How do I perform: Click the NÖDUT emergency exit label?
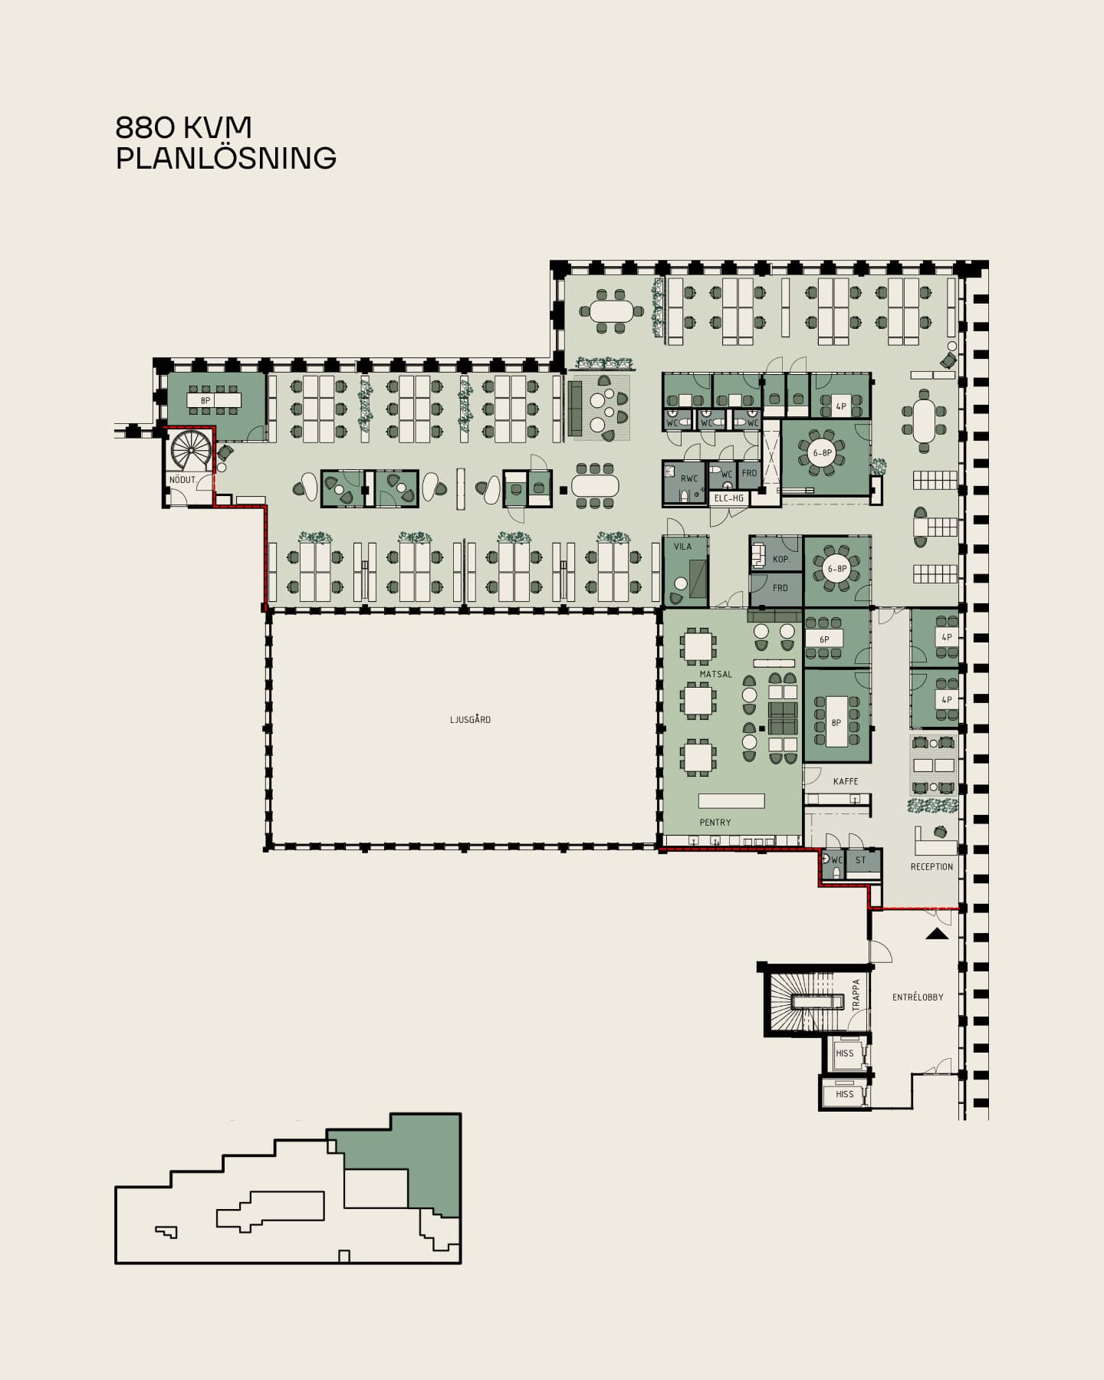click(x=182, y=480)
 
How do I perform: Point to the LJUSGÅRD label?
click(x=470, y=720)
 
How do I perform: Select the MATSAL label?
click(x=715, y=675)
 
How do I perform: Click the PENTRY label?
click(x=715, y=823)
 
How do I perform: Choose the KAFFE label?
click(x=846, y=781)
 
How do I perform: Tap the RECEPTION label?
click(x=932, y=867)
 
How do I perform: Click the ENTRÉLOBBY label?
click(x=918, y=997)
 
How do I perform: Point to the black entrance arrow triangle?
click(x=937, y=934)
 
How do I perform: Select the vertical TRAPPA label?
click(x=856, y=994)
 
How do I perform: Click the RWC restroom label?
click(x=689, y=479)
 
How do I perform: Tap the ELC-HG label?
click(x=729, y=498)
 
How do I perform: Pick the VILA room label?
click(x=682, y=547)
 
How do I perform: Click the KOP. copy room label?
click(x=781, y=560)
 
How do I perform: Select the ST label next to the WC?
click(x=860, y=860)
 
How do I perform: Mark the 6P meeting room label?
click(x=824, y=639)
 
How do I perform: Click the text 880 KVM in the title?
click(x=184, y=127)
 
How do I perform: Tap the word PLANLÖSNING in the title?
click(x=226, y=158)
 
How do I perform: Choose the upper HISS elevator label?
click(x=844, y=1053)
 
